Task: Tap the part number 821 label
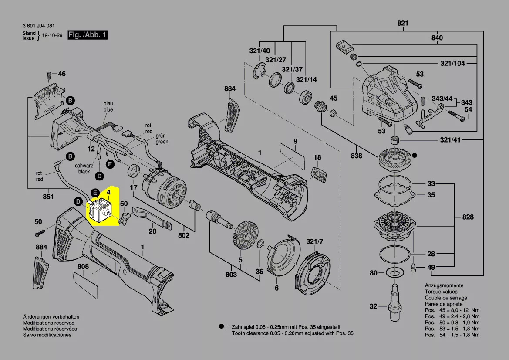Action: (x=403, y=24)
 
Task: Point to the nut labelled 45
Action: (x=333, y=113)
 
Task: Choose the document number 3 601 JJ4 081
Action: (x=38, y=26)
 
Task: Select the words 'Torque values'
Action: (x=440, y=292)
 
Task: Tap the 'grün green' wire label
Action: (x=162, y=139)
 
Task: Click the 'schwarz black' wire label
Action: (x=84, y=169)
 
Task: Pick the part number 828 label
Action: (x=468, y=217)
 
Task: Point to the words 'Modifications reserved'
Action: (x=49, y=323)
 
